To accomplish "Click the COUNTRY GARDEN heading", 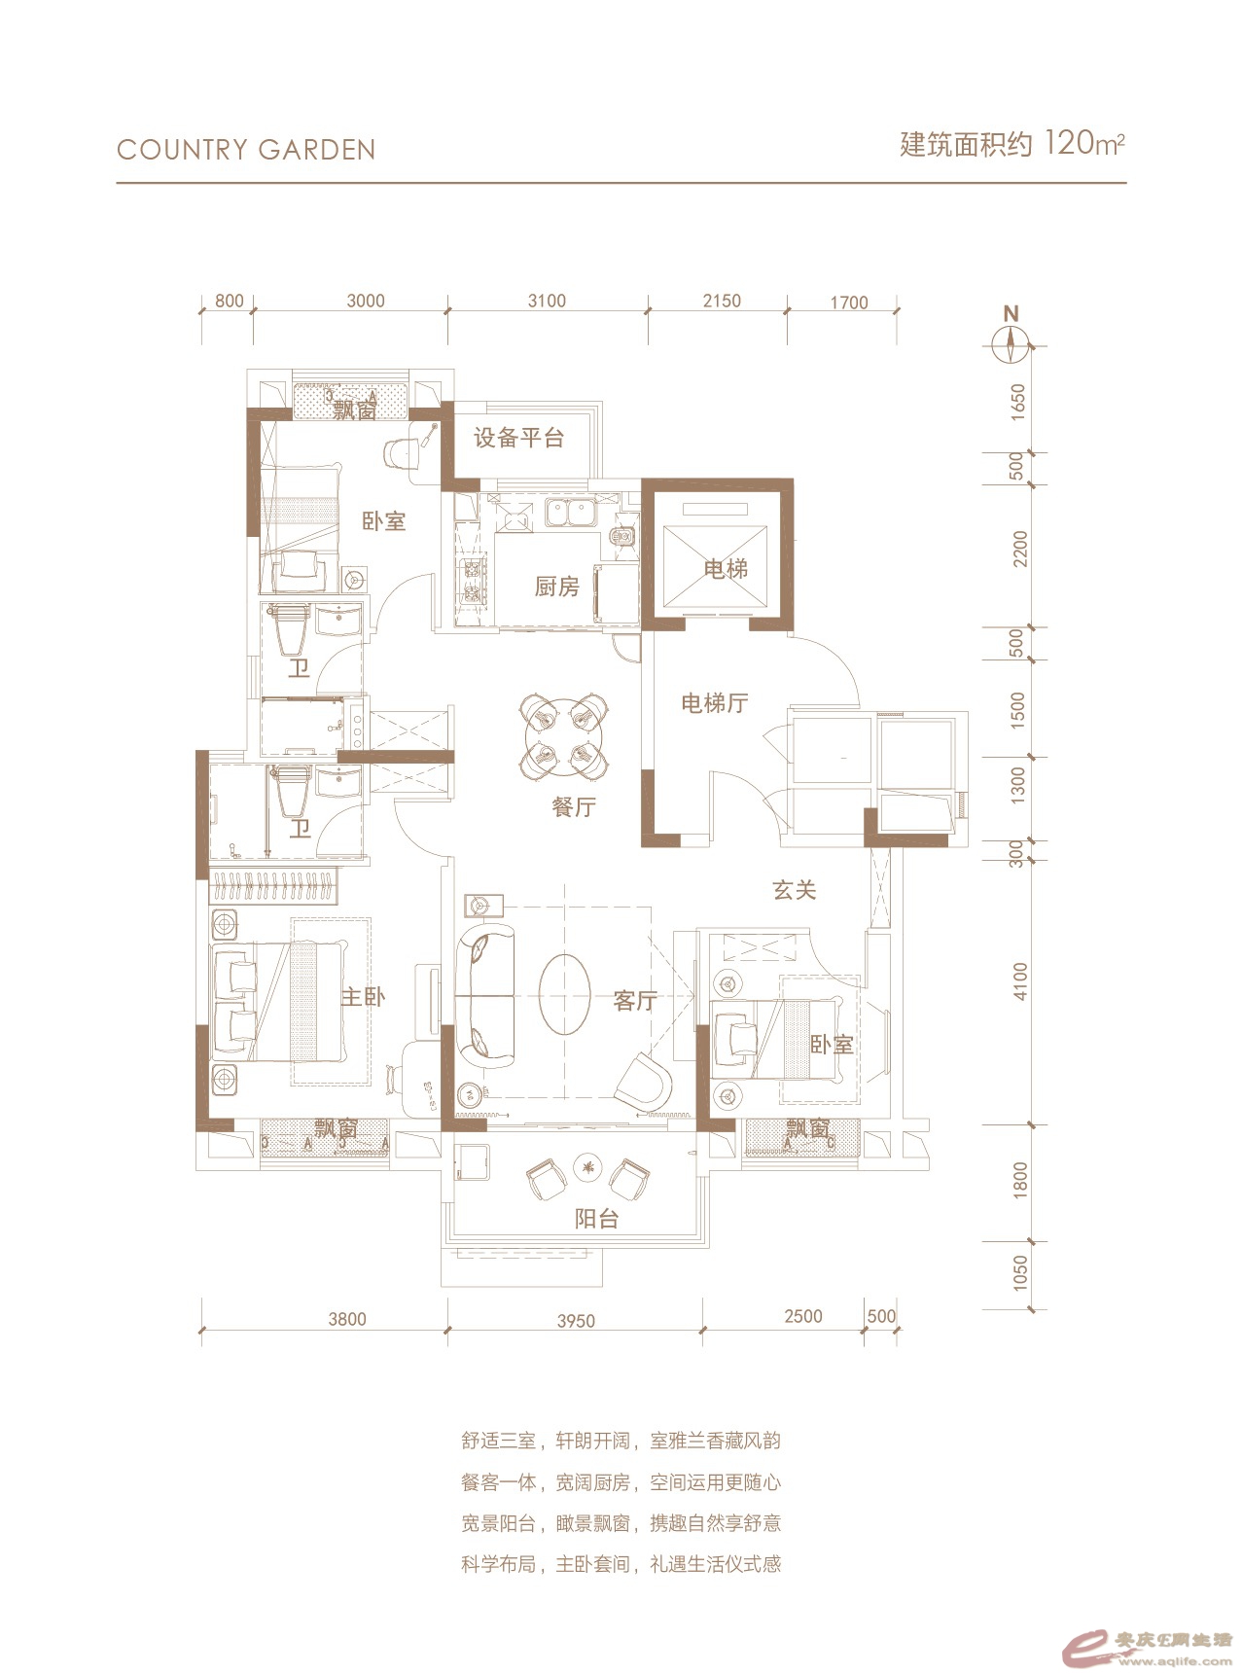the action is [x=246, y=150].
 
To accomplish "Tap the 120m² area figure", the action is [x=1084, y=144].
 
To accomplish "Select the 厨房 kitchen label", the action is [x=557, y=587].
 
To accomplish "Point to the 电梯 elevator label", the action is [x=727, y=568].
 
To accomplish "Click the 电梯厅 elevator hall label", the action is [x=715, y=702].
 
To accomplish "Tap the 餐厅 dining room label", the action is [x=574, y=806].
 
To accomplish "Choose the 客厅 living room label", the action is [x=636, y=1000].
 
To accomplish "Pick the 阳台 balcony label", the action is [x=596, y=1218].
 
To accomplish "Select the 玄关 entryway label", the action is [x=795, y=889].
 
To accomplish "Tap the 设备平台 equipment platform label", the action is [x=519, y=438].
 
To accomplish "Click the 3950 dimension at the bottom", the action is [x=577, y=1321].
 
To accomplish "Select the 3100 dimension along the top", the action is [x=547, y=302].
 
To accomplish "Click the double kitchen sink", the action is [x=571, y=512].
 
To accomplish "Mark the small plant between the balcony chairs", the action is [x=587, y=1167].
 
